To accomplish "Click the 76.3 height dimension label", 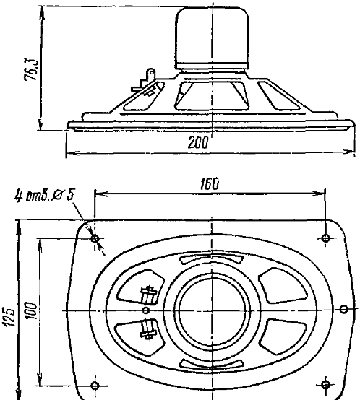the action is coord(31,69).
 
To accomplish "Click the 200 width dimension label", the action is coord(198,142).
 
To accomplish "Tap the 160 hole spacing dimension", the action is coord(210,184).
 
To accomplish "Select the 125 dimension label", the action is coord(9,318).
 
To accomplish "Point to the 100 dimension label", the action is coord(30,310).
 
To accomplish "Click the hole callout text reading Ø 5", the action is coord(62,196).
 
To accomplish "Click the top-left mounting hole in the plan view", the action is coord(95,239).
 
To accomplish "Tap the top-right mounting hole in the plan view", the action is coord(325,238).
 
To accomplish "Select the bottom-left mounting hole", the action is coord(95,386).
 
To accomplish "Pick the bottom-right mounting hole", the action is coord(325,384).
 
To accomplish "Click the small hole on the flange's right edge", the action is coord(344,309).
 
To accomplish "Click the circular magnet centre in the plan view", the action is coord(212,310).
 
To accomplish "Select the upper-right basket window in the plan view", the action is coord(283,285).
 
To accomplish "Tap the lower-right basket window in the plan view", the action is coord(283,336).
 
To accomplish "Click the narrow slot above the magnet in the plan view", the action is coord(212,259).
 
